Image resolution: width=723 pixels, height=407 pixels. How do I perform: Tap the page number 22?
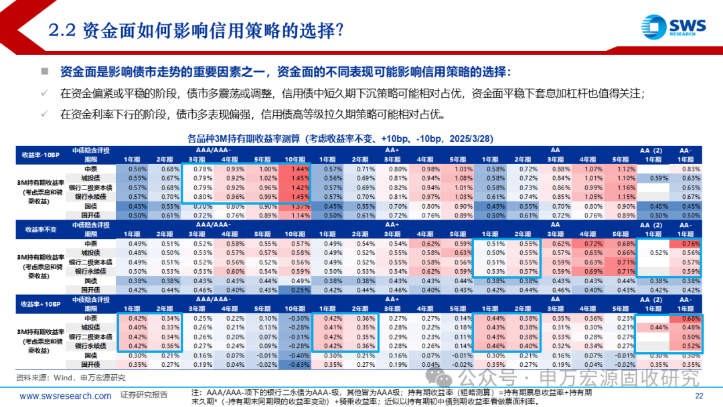click(x=699, y=396)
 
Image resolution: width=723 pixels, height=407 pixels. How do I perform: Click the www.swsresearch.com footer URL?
click(x=66, y=396)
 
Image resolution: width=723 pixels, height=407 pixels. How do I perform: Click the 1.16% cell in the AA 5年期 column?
click(x=627, y=187)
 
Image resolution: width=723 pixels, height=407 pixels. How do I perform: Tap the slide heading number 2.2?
click(x=64, y=30)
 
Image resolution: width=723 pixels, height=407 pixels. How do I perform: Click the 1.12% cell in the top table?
click(x=627, y=169)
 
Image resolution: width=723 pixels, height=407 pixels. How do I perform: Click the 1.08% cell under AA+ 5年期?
click(x=463, y=178)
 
